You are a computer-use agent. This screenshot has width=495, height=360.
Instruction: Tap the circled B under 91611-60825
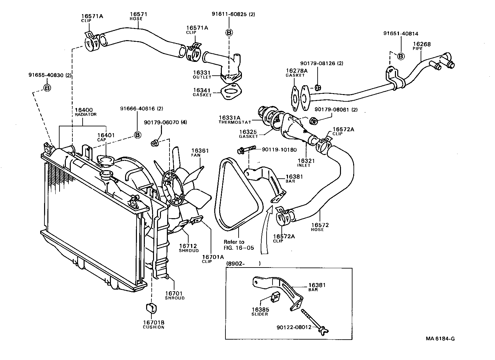(x=229, y=32)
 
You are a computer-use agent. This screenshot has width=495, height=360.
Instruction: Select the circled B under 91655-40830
(x=47, y=88)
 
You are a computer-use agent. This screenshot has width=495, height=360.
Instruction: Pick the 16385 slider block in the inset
(x=275, y=297)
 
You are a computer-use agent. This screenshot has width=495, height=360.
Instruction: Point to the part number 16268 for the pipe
(x=422, y=44)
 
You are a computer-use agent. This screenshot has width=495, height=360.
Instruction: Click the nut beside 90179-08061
(x=314, y=121)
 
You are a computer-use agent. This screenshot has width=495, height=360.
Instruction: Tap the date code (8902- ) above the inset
(x=243, y=263)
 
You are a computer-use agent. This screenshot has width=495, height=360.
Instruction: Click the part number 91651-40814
(x=401, y=33)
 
